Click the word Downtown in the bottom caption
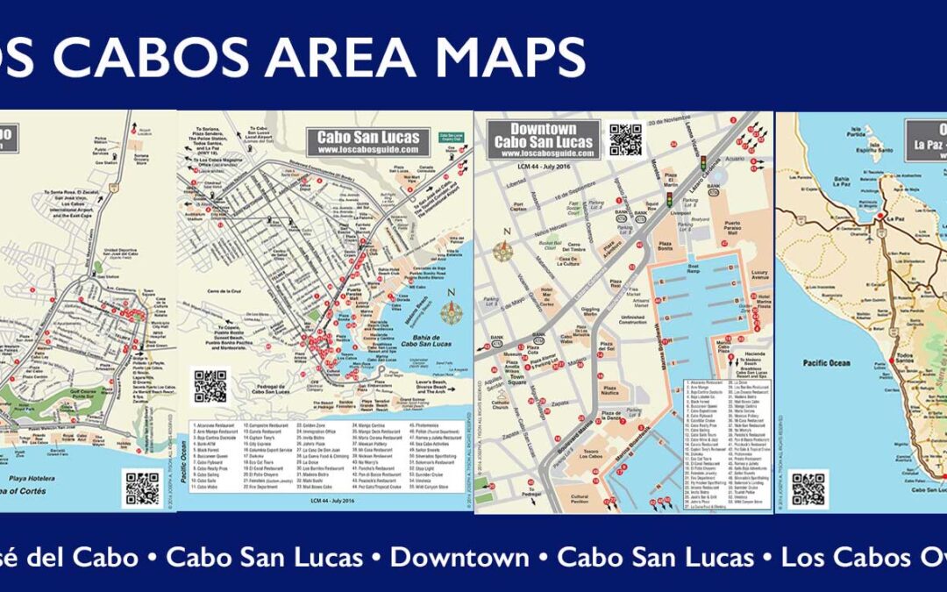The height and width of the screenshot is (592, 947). click(x=459, y=556)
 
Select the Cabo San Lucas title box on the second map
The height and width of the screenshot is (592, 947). click(x=368, y=142)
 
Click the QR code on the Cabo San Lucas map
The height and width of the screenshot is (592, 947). click(x=210, y=387)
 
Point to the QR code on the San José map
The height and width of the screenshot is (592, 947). click(x=142, y=489)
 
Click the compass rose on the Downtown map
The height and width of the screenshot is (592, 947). click(x=502, y=251)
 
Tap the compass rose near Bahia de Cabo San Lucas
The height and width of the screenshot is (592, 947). click(x=452, y=311)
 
